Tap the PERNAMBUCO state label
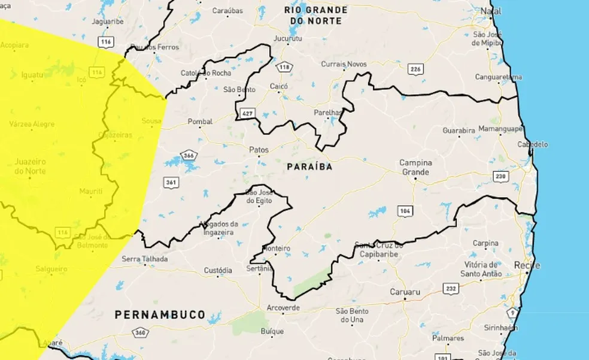pyautogui.click(x=160, y=314)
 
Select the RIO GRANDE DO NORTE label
pyautogui.click(x=315, y=15)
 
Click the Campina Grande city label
pyautogui.click(x=415, y=167)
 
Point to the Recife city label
pyautogui.click(x=527, y=265)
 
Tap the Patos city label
pyautogui.click(x=259, y=150)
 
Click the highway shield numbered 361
pyautogui.click(x=171, y=181)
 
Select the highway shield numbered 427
pyautogui.click(x=247, y=113)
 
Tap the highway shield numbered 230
pyautogui.click(x=500, y=176)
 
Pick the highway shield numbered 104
pyautogui.click(x=405, y=210)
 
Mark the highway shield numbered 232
pyautogui.click(x=451, y=289)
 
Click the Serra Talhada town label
pyautogui.click(x=145, y=259)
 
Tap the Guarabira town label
pyautogui.click(x=459, y=130)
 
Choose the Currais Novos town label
pyautogui.click(x=344, y=64)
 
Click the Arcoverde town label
pyautogui.click(x=284, y=309)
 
